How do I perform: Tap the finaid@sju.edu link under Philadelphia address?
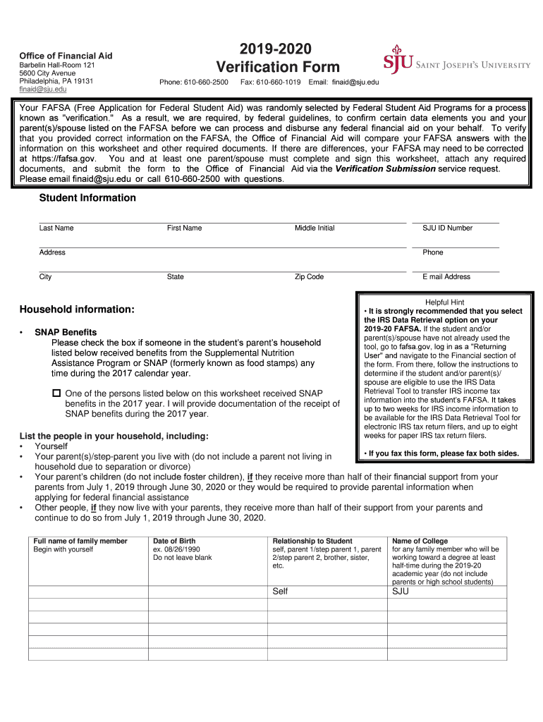(43, 90)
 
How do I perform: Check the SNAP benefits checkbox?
(56, 393)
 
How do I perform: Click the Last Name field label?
(56, 228)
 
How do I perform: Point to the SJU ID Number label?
(447, 228)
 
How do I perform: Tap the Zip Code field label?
(309, 277)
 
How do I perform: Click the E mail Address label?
(446, 277)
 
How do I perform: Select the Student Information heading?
(87, 198)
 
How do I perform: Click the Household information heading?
(77, 310)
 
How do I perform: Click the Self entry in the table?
(280, 592)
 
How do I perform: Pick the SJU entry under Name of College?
(400, 592)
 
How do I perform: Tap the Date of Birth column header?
(174, 541)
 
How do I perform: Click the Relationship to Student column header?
(312, 541)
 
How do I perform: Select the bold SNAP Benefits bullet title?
(66, 332)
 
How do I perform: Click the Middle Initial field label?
(315, 228)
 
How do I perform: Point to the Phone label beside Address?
(433, 252)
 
